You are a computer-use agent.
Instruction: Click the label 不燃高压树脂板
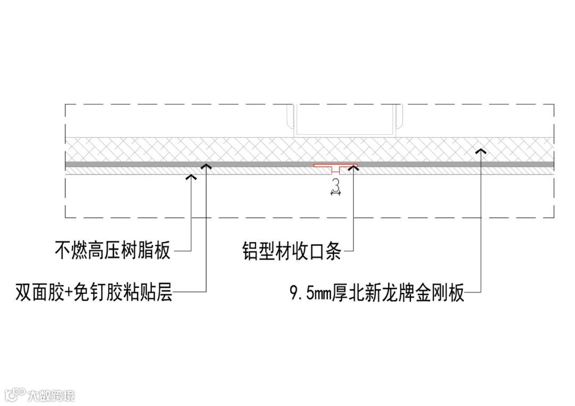pyautogui.click(x=112, y=250)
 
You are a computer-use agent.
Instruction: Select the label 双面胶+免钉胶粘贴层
pyautogui.click(x=94, y=292)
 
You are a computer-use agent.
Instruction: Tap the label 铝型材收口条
pyautogui.click(x=291, y=250)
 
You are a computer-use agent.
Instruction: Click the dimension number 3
pyautogui.click(x=335, y=185)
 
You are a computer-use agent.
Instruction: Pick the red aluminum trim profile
pyautogui.click(x=335, y=167)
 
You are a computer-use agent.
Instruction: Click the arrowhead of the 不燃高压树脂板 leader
pyautogui.click(x=191, y=176)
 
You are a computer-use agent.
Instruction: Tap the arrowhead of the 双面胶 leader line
pyautogui.click(x=205, y=166)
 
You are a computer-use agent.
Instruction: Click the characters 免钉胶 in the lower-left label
pyautogui.click(x=102, y=292)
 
